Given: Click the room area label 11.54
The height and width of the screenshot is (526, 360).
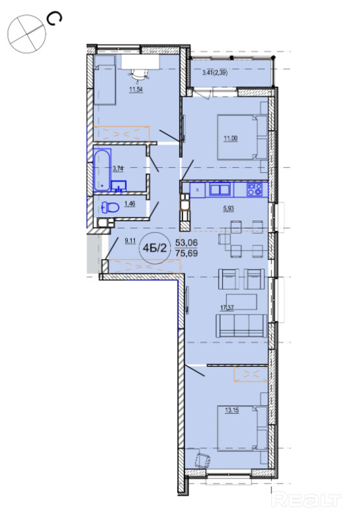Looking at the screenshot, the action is tap(136, 89).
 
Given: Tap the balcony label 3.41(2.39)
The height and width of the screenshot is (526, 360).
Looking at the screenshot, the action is tap(215, 72).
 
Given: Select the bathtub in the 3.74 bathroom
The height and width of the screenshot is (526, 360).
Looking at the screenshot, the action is tap(102, 170).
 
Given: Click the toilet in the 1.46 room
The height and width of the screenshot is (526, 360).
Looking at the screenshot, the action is tap(110, 208).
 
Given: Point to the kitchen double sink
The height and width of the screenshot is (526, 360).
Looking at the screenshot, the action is tap(220, 189).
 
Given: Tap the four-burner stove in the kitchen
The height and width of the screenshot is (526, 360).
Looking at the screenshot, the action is tap(254, 189).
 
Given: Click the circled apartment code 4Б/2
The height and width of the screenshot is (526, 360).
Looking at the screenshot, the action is tap(155, 248).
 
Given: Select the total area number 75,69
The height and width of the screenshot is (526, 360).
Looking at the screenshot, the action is tap(187, 253).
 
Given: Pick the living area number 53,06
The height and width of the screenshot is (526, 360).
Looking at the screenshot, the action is tap(187, 243).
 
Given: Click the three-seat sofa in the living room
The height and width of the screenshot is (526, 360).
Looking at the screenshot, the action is tap(241, 326).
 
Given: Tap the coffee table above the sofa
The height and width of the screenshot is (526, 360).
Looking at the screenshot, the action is tap(241, 302).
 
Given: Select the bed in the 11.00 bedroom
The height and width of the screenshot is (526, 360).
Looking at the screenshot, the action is tap(243, 137).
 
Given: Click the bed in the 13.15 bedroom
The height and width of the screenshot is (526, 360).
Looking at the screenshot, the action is tap(243, 428).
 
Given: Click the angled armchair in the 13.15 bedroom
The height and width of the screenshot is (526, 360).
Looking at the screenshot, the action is tap(202, 460).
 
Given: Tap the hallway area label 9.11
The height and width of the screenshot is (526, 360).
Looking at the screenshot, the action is tap(130, 240).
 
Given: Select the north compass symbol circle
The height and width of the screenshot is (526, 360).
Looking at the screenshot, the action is tap(27, 33).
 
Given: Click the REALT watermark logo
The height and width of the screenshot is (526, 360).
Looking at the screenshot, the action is tap(306, 499).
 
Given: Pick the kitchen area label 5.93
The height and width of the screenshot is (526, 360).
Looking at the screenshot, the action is tap(228, 208).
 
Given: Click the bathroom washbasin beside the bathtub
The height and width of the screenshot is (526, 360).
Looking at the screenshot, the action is tap(119, 185).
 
